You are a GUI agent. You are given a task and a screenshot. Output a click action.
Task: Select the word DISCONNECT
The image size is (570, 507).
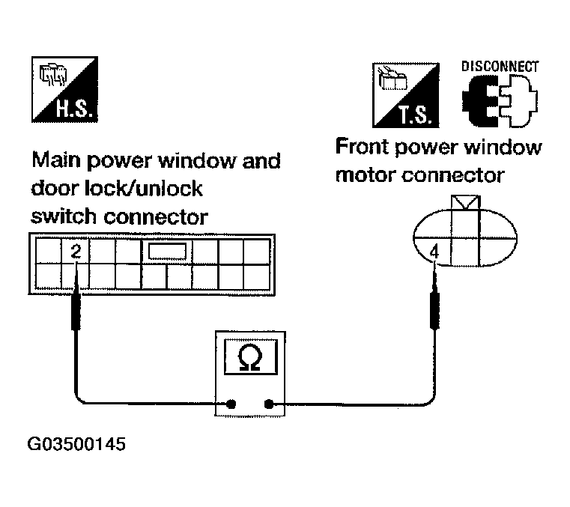tap(500, 66)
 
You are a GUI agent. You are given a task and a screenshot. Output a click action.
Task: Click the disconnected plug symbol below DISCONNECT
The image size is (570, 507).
tap(498, 103)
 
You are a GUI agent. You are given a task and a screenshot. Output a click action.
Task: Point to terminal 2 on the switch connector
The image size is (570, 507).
tap(76, 252)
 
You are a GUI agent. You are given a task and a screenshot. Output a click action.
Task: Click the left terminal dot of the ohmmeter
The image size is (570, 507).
tap(231, 405)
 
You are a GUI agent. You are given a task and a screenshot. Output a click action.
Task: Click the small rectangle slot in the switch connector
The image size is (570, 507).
tap(166, 252)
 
